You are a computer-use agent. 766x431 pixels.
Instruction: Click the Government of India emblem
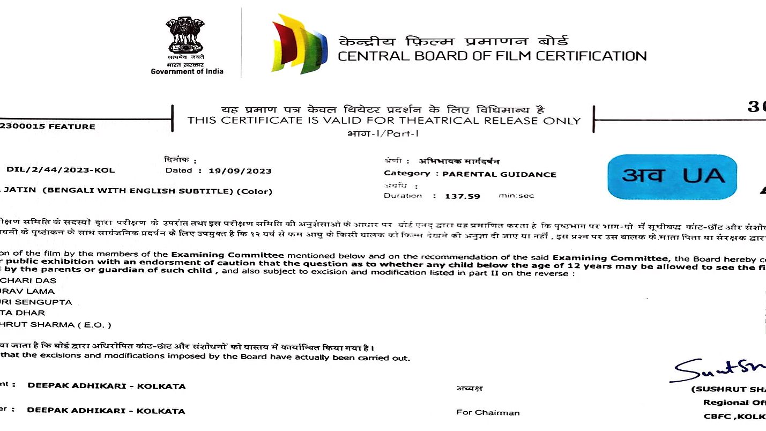click(184, 35)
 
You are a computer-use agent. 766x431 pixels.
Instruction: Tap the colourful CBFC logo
click(299, 43)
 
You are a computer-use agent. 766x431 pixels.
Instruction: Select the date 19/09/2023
click(240, 171)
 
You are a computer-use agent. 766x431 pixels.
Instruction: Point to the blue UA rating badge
click(673, 176)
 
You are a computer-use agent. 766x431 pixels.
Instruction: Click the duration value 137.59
click(462, 196)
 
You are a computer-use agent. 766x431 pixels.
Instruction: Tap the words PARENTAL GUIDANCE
click(499, 174)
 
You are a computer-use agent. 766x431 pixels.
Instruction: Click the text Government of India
click(187, 71)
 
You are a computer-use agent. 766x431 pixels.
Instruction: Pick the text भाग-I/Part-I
click(383, 133)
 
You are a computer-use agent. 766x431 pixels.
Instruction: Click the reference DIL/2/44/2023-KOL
click(61, 170)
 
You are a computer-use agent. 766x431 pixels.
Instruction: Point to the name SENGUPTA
click(47, 302)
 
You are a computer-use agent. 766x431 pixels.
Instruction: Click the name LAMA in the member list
click(42, 291)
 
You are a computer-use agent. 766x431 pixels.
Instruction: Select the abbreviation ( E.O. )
click(94, 325)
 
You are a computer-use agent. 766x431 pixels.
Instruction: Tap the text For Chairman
click(488, 412)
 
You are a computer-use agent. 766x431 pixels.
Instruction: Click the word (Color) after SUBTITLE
click(255, 191)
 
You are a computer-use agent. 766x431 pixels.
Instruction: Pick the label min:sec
click(516, 196)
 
